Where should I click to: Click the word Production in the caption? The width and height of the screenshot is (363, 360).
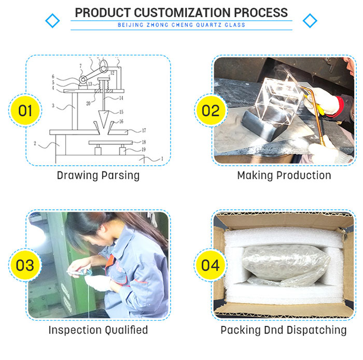click(303, 175)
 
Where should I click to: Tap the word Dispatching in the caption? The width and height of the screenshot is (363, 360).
click(316, 330)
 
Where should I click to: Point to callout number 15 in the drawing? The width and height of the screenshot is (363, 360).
click(121, 112)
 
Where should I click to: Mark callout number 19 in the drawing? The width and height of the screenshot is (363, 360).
click(144, 149)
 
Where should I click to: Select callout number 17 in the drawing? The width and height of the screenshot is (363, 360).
click(144, 131)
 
